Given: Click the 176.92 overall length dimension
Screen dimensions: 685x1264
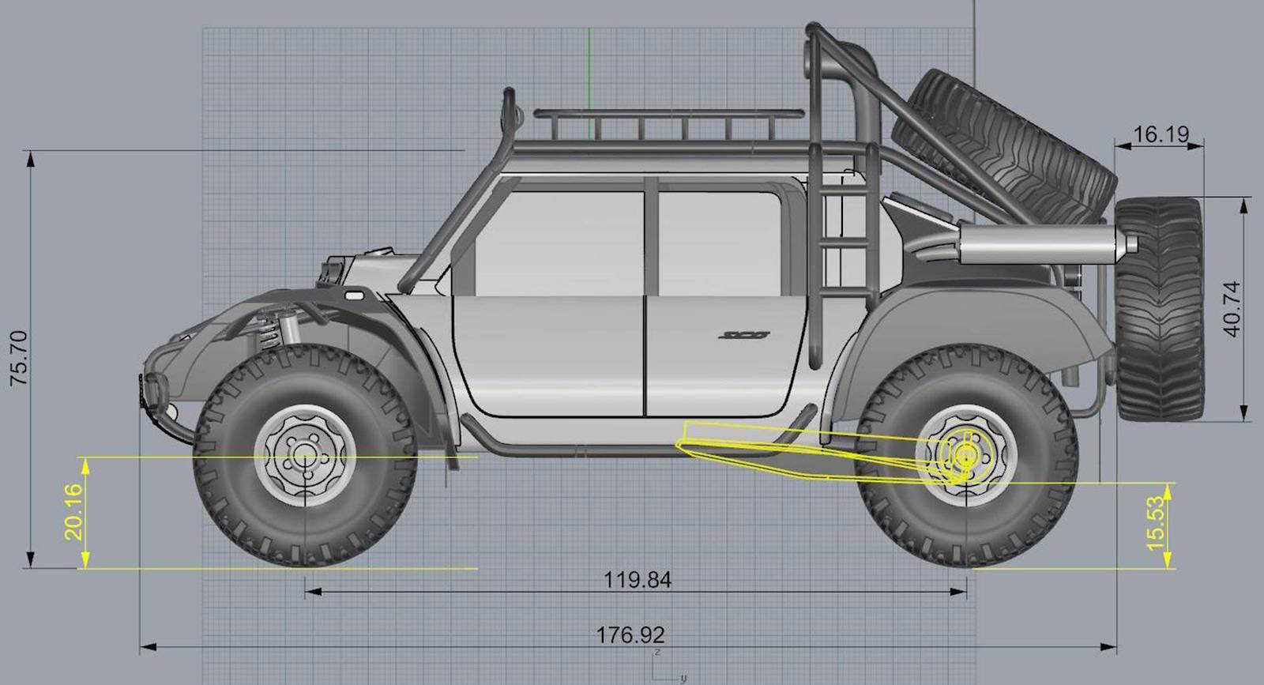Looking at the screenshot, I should [x=630, y=634].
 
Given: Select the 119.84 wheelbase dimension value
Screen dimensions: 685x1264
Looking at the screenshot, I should [x=637, y=580].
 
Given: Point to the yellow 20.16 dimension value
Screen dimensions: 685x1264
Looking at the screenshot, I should [x=73, y=511].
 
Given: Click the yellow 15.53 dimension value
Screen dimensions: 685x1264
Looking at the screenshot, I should [x=1156, y=522].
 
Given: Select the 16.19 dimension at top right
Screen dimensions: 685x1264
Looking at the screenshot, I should [x=1161, y=134].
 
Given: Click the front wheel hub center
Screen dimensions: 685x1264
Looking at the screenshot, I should [x=305, y=456].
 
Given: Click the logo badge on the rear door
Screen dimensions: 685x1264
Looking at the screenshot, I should [x=743, y=335].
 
